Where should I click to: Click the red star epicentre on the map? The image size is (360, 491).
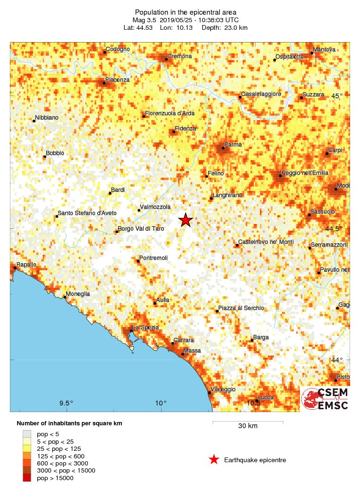point(186,220)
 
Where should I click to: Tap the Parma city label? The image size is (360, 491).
point(233,145)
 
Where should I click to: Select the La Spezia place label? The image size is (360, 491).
point(146,327)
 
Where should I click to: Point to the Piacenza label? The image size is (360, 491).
point(117,80)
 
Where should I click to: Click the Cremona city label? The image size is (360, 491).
point(180,56)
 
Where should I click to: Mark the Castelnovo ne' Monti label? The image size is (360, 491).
point(266,242)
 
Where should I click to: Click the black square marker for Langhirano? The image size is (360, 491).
point(211,198)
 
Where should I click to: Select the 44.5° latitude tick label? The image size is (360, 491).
point(336,229)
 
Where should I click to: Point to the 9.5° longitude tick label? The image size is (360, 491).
point(66,403)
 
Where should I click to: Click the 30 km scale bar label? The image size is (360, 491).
point(248,426)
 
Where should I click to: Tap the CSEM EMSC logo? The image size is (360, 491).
point(326,399)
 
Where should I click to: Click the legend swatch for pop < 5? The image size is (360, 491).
point(27,434)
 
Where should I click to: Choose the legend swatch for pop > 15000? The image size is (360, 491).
point(27,478)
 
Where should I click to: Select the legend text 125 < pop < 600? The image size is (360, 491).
point(60,456)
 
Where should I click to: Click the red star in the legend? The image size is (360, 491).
point(214,459)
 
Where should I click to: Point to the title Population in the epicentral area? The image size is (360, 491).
point(186,12)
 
